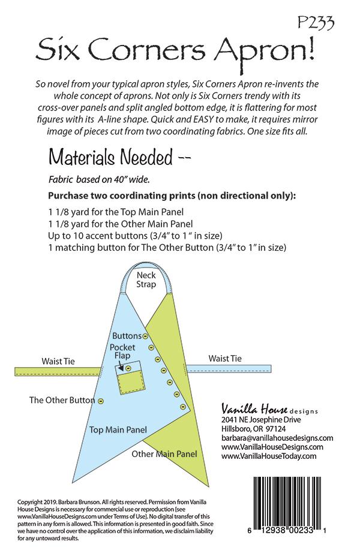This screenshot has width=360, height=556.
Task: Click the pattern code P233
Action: coord(316,22)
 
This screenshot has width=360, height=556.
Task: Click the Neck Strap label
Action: coord(146,279)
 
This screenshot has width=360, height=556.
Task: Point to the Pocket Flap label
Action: coord(123,352)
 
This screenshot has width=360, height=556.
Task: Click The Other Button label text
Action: coord(62,400)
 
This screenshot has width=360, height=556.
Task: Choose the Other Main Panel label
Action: coord(164,454)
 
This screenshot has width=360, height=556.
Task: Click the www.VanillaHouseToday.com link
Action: coord(268,456)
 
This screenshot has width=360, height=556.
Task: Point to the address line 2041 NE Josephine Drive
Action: coord(262,420)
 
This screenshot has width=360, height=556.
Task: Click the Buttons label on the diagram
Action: coord(127,336)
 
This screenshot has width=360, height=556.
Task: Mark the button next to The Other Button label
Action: coord(101,401)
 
